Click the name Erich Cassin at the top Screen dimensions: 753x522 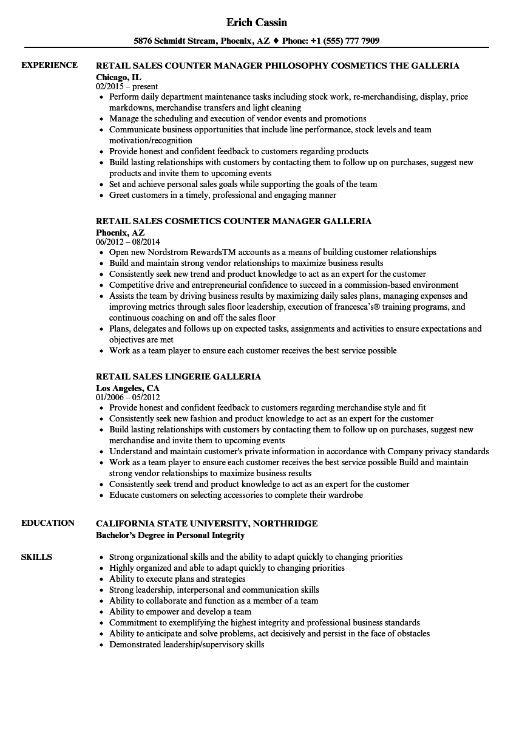pyautogui.click(x=257, y=22)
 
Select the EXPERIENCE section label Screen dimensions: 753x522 pyautogui.click(x=49, y=65)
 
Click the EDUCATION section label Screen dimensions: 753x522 pyautogui.click(x=48, y=523)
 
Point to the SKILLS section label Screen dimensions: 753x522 pyautogui.click(x=36, y=557)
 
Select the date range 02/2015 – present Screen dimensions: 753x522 pyautogui.click(x=127, y=87)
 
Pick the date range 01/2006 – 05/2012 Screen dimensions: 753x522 pyautogui.click(x=129, y=398)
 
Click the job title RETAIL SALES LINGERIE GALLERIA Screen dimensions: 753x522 pyautogui.click(x=178, y=376)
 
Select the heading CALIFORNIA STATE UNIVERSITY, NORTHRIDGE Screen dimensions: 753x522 pyautogui.click(x=206, y=523)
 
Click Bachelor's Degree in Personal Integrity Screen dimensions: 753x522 pyautogui.click(x=170, y=535)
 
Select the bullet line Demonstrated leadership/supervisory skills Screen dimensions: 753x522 pyautogui.click(x=186, y=644)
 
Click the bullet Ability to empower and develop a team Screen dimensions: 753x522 pyautogui.click(x=180, y=612)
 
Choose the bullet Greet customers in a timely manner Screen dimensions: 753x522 pyautogui.click(x=222, y=195)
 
